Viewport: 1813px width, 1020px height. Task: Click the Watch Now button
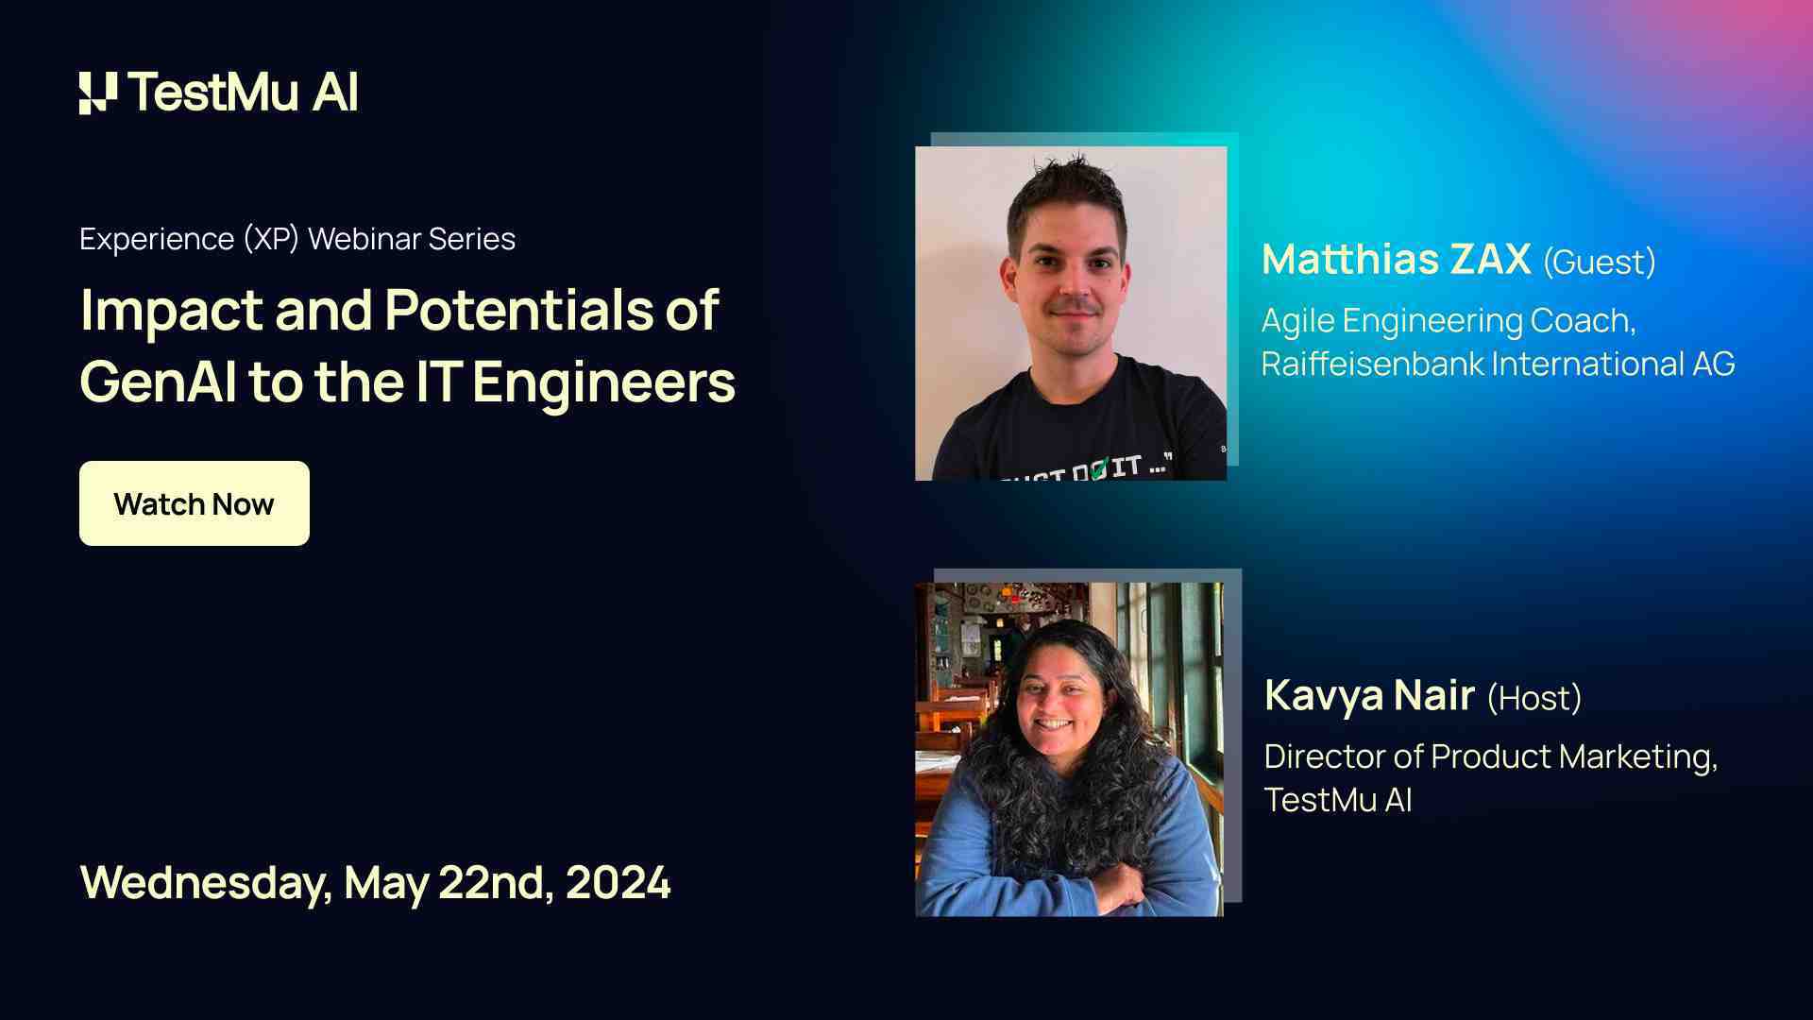pos(194,503)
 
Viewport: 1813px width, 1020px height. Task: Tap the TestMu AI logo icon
pos(98,93)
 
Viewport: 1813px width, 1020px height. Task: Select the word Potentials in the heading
pos(518,310)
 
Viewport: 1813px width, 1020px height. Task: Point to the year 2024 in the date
pos(618,883)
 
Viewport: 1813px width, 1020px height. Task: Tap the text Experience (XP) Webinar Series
pos(297,239)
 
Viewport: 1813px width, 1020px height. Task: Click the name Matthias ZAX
pos(1396,260)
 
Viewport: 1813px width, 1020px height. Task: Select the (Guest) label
pos(1599,263)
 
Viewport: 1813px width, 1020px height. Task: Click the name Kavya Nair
pos(1369,696)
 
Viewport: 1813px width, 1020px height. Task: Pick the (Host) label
pos(1533,699)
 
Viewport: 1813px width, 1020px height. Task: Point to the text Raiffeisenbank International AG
pos(1498,365)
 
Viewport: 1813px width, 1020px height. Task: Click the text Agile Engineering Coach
pos(1448,321)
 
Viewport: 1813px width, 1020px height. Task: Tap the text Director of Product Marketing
pos(1490,757)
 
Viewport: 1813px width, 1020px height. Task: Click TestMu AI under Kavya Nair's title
pos(1337,801)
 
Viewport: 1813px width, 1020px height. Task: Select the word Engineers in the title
pos(603,382)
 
